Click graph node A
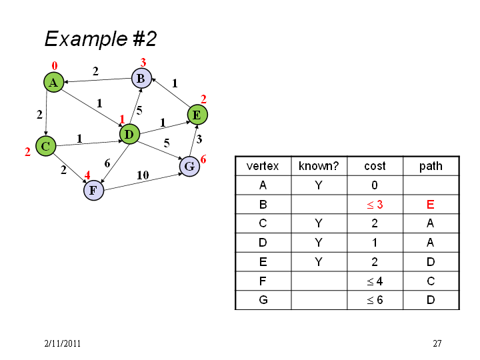(x=53, y=82)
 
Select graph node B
(x=141, y=78)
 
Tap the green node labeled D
(x=129, y=134)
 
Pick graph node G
(x=189, y=166)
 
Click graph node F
(x=93, y=190)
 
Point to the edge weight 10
(x=143, y=175)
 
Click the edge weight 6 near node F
(x=107, y=163)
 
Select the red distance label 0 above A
(x=55, y=65)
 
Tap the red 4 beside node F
(x=87, y=175)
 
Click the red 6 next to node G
(x=203, y=159)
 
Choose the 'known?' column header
(x=319, y=166)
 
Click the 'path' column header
(x=431, y=166)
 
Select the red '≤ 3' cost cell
(x=375, y=204)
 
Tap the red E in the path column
(x=431, y=204)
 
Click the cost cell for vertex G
(x=375, y=300)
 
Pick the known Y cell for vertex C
(x=319, y=223)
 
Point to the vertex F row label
(x=263, y=281)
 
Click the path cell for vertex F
(x=431, y=281)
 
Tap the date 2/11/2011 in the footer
(x=63, y=343)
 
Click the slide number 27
(x=437, y=343)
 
